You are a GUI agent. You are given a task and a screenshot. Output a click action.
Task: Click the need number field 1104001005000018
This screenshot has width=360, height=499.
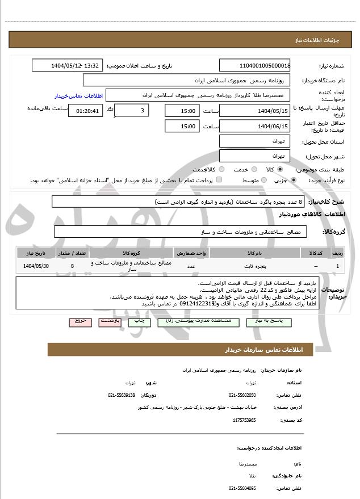pos(255,65)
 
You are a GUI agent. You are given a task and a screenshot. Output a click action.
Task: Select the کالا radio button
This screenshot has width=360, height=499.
pos(280,169)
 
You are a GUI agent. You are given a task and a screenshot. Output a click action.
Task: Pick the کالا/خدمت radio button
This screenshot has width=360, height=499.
pos(221,169)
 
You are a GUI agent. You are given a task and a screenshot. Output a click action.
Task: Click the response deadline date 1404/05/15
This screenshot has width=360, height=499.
pos(255,110)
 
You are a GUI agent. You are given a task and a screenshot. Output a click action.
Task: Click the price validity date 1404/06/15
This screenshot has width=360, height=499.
pos(255,126)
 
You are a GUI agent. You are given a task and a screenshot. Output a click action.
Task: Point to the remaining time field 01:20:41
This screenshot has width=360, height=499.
pos(85,111)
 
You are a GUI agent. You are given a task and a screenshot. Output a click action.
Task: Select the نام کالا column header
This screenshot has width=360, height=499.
pos(256,252)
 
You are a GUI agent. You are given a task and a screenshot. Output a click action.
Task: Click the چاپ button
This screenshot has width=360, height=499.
pos(139,321)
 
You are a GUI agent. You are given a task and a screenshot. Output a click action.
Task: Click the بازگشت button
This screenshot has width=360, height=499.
pos(110,321)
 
